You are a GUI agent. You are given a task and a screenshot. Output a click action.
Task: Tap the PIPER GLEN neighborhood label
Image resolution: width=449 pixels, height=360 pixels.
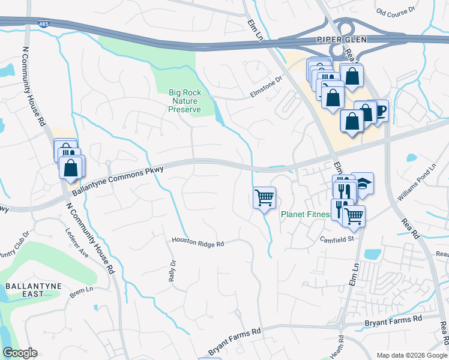click(341, 39)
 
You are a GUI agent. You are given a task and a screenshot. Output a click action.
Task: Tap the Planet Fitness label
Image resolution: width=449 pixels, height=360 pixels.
click(307, 214)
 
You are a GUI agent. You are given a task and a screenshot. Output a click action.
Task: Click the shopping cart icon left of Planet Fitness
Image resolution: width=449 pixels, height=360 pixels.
click(265, 197)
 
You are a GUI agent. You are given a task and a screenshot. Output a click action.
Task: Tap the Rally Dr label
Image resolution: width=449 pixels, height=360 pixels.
click(172, 270)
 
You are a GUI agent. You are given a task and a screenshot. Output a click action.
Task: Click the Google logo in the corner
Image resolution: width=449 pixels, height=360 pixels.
click(20, 353)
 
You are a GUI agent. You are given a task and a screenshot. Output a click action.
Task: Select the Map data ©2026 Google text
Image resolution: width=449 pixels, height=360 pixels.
click(411, 355)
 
